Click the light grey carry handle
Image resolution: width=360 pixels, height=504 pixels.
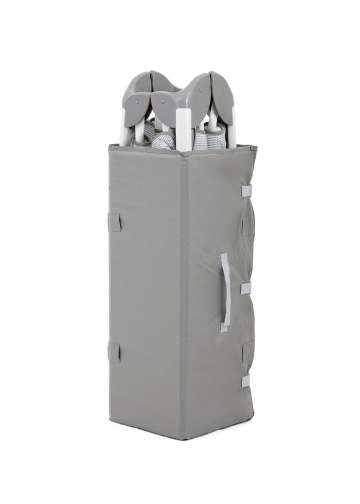point(225,292)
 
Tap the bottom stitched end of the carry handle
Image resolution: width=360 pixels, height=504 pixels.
point(223,326)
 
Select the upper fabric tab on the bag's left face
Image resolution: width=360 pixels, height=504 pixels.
point(114,222)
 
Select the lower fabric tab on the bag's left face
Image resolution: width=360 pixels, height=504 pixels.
point(114,351)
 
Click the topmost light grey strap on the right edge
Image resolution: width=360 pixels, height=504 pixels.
point(246,191)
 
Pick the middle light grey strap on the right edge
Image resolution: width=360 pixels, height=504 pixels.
point(246,288)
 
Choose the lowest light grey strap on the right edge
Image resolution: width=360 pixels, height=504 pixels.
point(246,380)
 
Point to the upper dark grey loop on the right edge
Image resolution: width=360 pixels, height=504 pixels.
point(248,224)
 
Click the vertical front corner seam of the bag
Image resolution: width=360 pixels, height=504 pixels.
point(184,292)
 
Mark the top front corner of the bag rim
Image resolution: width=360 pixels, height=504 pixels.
point(184,153)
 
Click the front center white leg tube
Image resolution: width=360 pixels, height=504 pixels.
point(184,129)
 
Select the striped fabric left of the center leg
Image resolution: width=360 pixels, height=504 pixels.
point(163,140)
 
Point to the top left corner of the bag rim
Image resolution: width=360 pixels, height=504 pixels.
point(110,146)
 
